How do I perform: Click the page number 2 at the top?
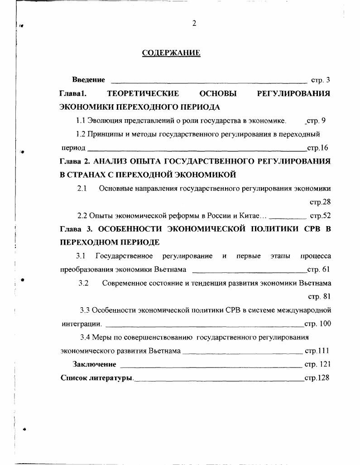(194, 24)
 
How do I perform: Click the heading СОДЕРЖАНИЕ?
(171, 53)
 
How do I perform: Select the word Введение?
(88, 80)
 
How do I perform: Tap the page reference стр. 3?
(320, 80)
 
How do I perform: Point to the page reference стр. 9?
(315, 121)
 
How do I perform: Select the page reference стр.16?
(317, 148)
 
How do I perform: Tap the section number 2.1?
(82, 188)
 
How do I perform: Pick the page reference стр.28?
(320, 202)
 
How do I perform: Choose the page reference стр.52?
(320, 216)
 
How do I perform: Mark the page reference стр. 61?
(318, 270)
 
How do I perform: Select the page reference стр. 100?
(317, 324)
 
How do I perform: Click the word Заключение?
(95, 364)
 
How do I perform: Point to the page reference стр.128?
(317, 378)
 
